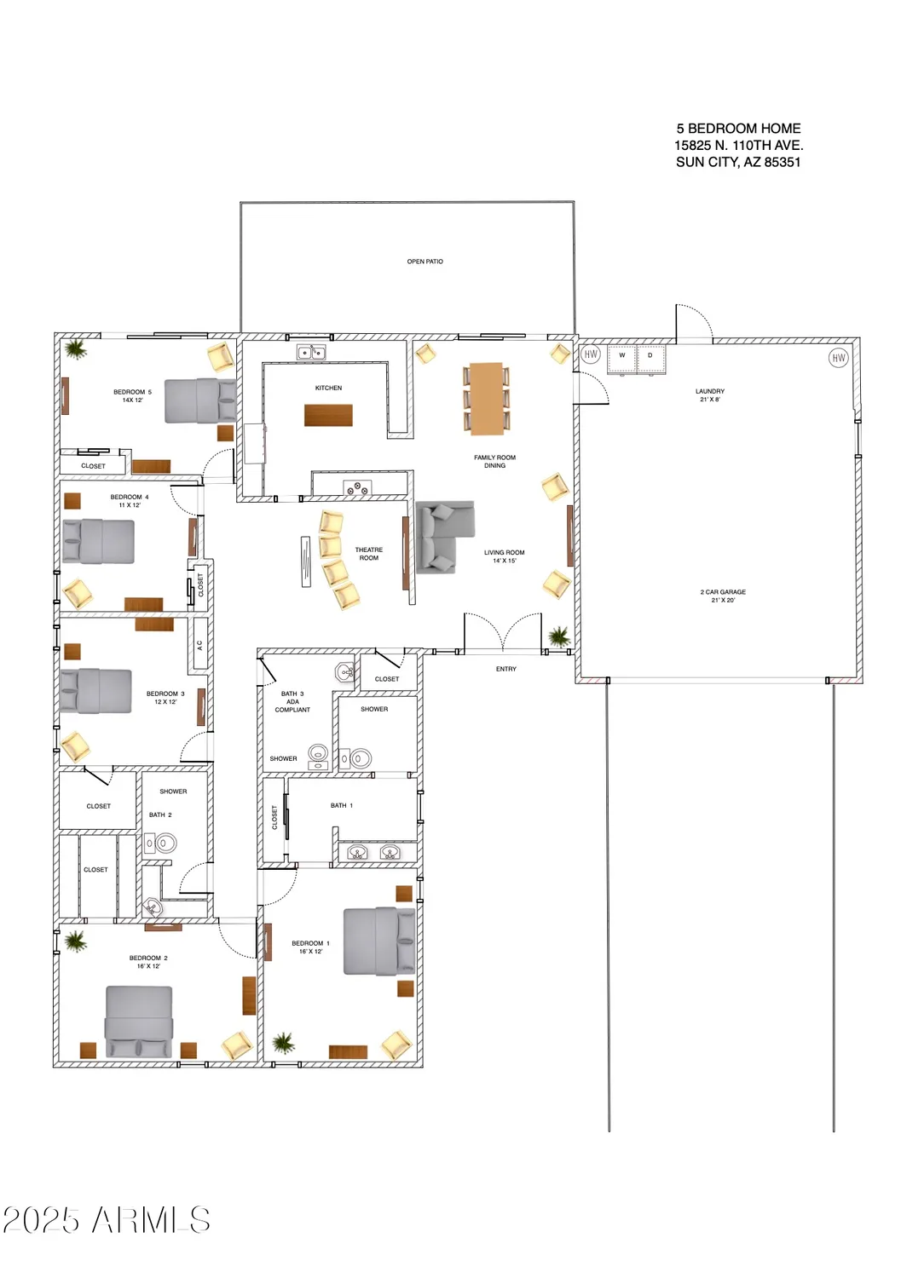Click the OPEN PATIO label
[425, 262]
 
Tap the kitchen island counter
[328, 415]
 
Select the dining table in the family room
[487, 398]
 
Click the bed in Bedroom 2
[139, 1022]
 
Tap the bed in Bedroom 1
[378, 941]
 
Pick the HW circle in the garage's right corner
[838, 358]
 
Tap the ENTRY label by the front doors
[506, 669]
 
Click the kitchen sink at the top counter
[311, 352]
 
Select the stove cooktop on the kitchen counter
[357, 488]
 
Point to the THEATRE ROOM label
[369, 554]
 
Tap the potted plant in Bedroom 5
[76, 348]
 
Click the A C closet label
[200, 645]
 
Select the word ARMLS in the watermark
[151, 1220]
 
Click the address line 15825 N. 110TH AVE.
[738, 146]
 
